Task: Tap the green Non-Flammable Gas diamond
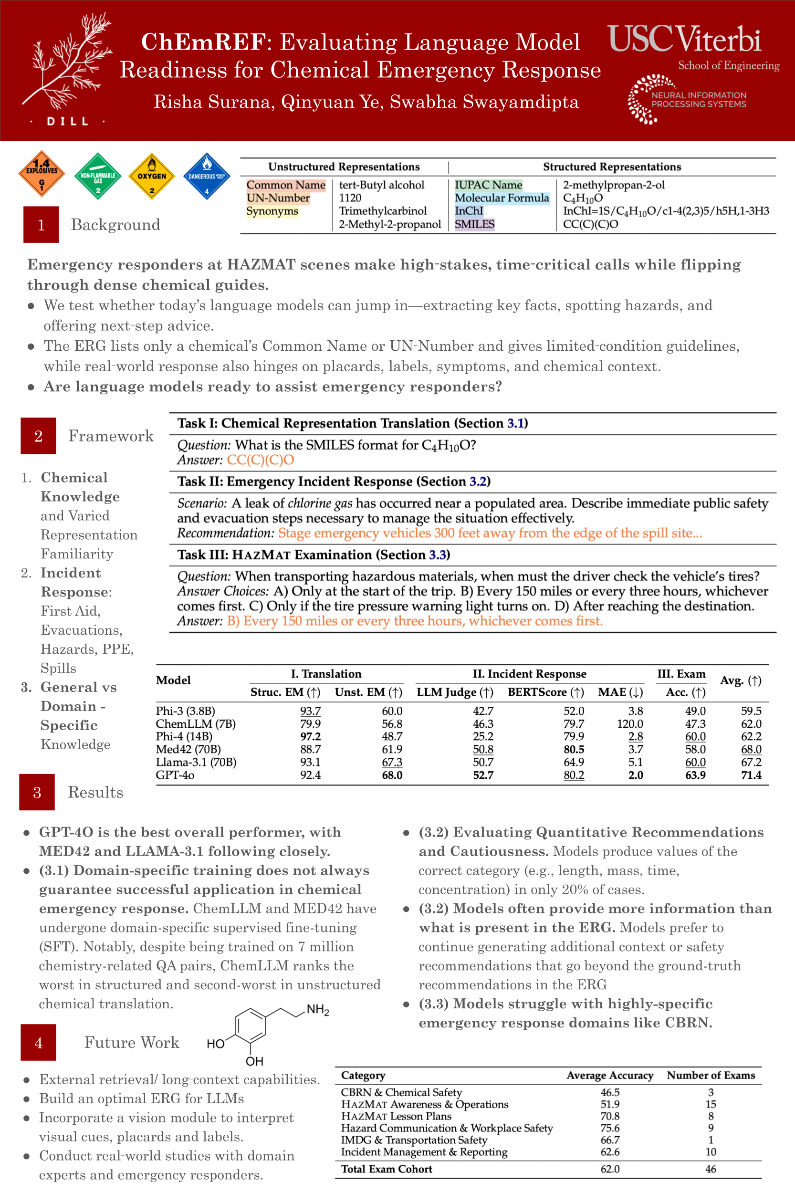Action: coord(98,176)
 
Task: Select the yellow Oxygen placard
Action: coord(152,176)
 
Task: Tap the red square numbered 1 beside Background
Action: coord(41,225)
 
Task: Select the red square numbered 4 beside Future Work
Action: coord(39,1042)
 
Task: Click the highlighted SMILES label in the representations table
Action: coord(474,224)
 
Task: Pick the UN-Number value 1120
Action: coord(350,198)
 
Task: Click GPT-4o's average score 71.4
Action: coord(751,774)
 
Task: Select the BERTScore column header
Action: coord(545,692)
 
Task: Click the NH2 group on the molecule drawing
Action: coord(318,1009)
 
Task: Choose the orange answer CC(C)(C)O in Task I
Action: coord(260,460)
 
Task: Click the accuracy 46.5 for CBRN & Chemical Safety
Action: coord(610,1092)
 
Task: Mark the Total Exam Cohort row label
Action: coord(387,1169)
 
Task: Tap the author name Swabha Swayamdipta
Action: coord(484,102)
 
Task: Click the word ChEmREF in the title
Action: coord(203,42)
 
